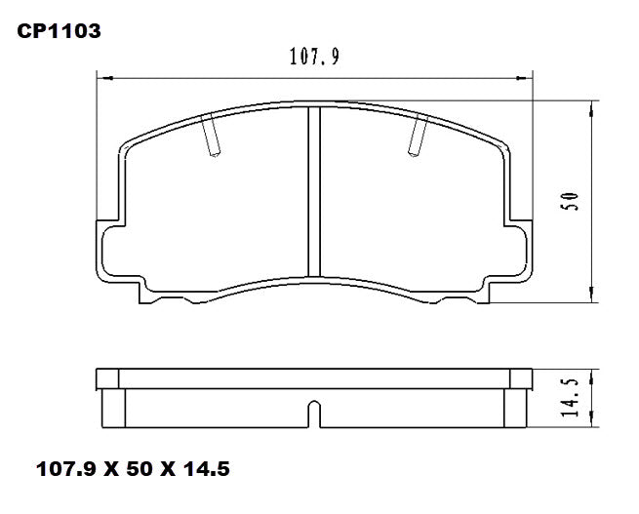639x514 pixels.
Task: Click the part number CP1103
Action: click(x=59, y=32)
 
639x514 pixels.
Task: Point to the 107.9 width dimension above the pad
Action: click(x=314, y=58)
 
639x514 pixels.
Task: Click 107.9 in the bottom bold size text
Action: click(x=66, y=469)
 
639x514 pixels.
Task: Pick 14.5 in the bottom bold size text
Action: click(x=206, y=469)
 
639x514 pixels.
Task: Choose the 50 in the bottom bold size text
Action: click(x=139, y=469)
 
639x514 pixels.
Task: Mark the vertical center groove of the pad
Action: click(x=314, y=190)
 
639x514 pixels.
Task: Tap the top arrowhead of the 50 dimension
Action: click(x=592, y=105)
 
